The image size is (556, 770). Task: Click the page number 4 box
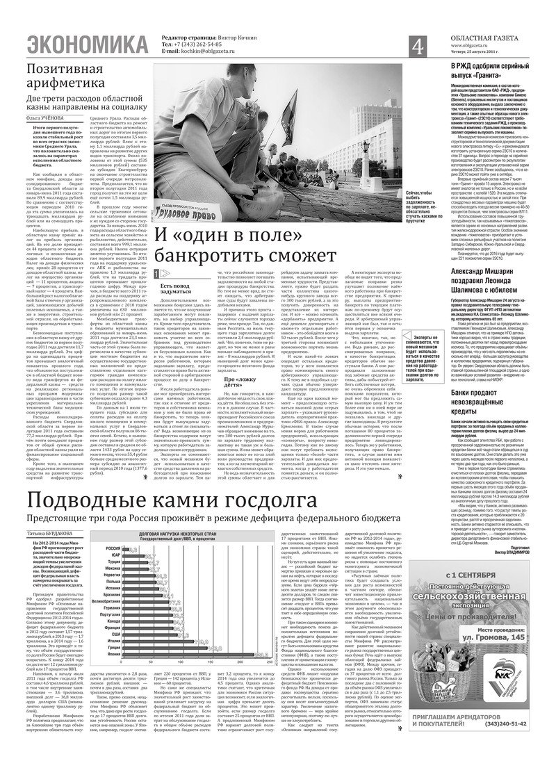pyautogui.click(x=418, y=47)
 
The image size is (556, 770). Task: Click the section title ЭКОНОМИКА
pyautogui.click(x=81, y=46)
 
